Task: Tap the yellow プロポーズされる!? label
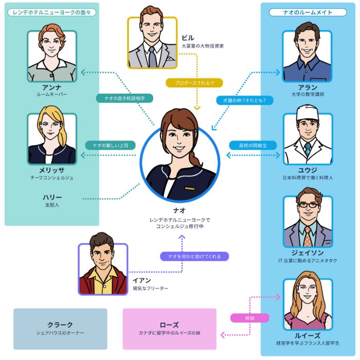click(x=194, y=83)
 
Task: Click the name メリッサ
click(x=51, y=170)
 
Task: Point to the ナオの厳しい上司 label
click(x=111, y=146)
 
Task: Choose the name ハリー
click(x=52, y=197)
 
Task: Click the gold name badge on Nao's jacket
click(x=190, y=189)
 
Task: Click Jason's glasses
click(x=308, y=205)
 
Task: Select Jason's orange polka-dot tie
click(x=308, y=237)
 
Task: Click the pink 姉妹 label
click(x=249, y=318)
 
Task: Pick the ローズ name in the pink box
click(x=169, y=325)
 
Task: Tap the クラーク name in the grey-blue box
click(x=60, y=325)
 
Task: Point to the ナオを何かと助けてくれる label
click(x=194, y=257)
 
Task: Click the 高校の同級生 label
click(x=253, y=146)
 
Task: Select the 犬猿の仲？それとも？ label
click(x=244, y=100)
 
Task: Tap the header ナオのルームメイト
click(x=308, y=12)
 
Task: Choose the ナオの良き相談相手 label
click(x=124, y=98)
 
